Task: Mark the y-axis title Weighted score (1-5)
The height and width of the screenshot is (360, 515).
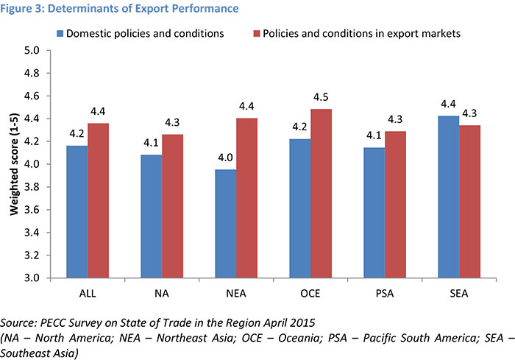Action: [13, 163]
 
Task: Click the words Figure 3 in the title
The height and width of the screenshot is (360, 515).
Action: [24, 9]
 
